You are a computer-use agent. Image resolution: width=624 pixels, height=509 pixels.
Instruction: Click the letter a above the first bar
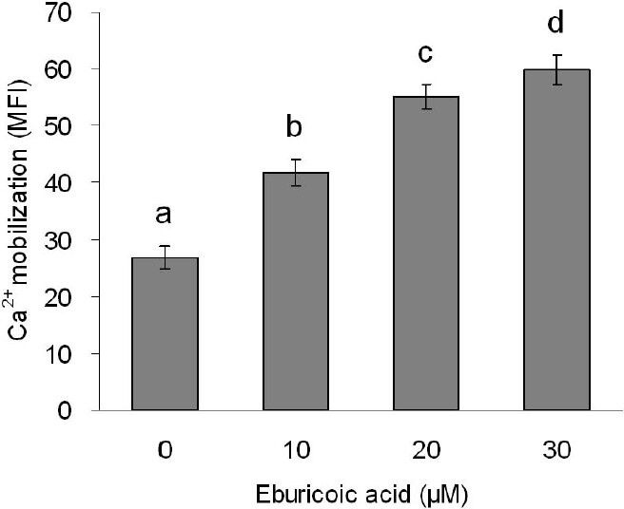point(164,216)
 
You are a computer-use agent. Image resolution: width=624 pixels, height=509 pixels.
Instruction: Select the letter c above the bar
point(425,54)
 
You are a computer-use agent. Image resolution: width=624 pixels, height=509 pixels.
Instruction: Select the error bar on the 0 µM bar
point(164,257)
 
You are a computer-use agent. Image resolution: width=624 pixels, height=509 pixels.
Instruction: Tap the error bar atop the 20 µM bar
point(425,97)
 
